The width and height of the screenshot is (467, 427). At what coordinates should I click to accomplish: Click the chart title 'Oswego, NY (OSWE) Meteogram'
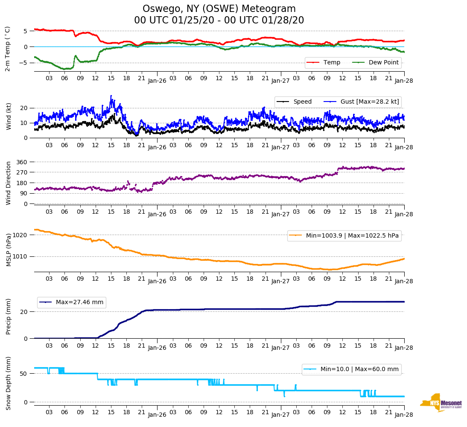tap(219, 9)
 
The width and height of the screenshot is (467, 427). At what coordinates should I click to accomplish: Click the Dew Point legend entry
tap(383, 63)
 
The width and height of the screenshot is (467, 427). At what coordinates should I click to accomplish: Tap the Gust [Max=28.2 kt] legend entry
tap(369, 102)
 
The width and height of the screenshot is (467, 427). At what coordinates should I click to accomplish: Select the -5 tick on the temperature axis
tap(25, 63)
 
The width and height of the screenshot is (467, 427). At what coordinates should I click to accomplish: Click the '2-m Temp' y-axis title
tap(8, 48)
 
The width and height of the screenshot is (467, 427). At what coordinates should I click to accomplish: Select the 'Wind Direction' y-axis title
tap(8, 183)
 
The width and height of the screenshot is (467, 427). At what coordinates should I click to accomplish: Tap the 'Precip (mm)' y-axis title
tap(8, 316)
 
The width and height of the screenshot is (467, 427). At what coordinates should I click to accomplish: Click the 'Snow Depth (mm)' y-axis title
tap(8, 383)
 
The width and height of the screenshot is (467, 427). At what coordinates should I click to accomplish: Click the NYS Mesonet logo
tap(441, 403)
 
